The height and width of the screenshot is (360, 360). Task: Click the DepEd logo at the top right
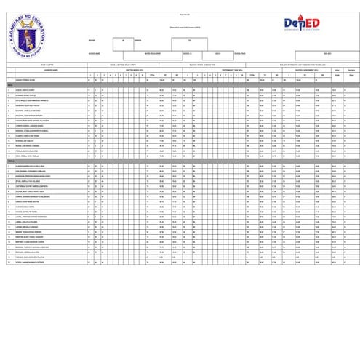301,24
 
